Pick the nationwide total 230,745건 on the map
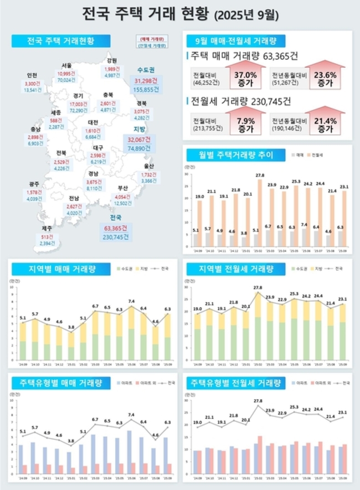pos(115,236)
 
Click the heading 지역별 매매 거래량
pos(53,270)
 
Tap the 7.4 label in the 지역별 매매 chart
pos(131,301)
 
